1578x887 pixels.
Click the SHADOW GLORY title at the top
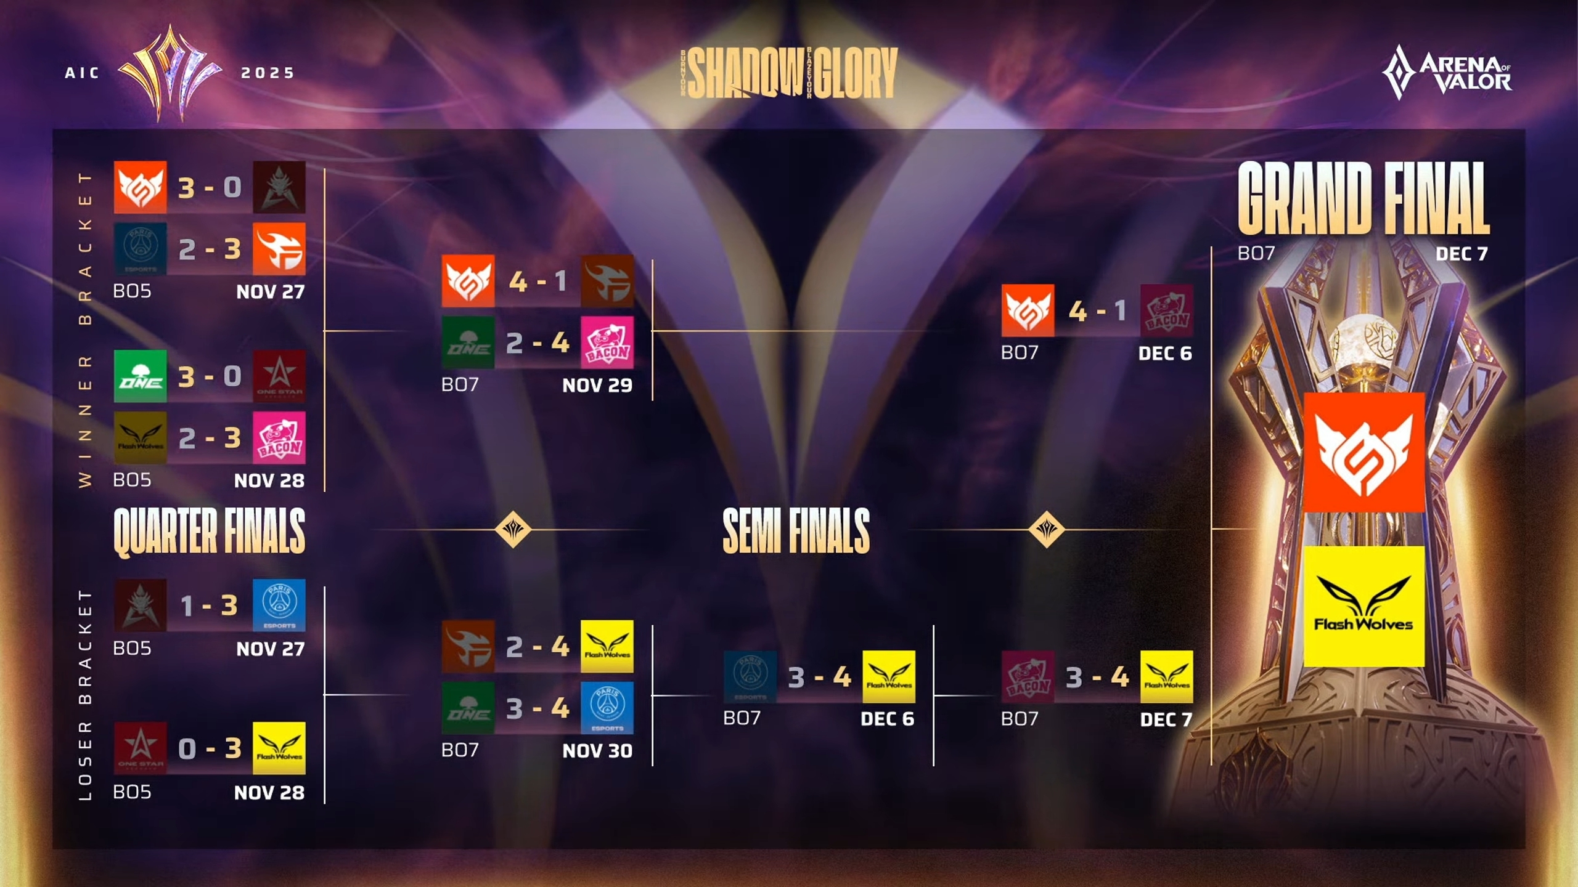(791, 73)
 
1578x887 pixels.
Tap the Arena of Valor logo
(1447, 73)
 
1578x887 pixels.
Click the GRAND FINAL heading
(1363, 198)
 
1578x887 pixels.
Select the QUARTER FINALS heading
(210, 531)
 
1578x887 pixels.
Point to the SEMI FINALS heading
(796, 531)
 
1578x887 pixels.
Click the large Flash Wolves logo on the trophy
(1363, 606)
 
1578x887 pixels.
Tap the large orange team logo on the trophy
(1363, 453)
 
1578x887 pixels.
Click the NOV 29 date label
(597, 386)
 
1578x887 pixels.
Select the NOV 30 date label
(597, 751)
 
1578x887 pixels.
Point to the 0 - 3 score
(210, 749)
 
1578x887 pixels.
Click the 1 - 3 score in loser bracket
(210, 606)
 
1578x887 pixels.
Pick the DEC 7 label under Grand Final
(1461, 254)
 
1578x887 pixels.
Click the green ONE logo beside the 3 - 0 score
(141, 376)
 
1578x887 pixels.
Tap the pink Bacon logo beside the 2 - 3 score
(279, 438)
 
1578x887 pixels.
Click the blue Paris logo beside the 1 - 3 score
(279, 605)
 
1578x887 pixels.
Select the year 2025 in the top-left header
(268, 73)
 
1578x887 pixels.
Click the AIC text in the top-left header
(82, 73)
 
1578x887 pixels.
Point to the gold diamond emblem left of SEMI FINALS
(513, 529)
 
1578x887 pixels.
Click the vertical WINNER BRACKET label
(85, 330)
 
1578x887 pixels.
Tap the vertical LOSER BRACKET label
(85, 695)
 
